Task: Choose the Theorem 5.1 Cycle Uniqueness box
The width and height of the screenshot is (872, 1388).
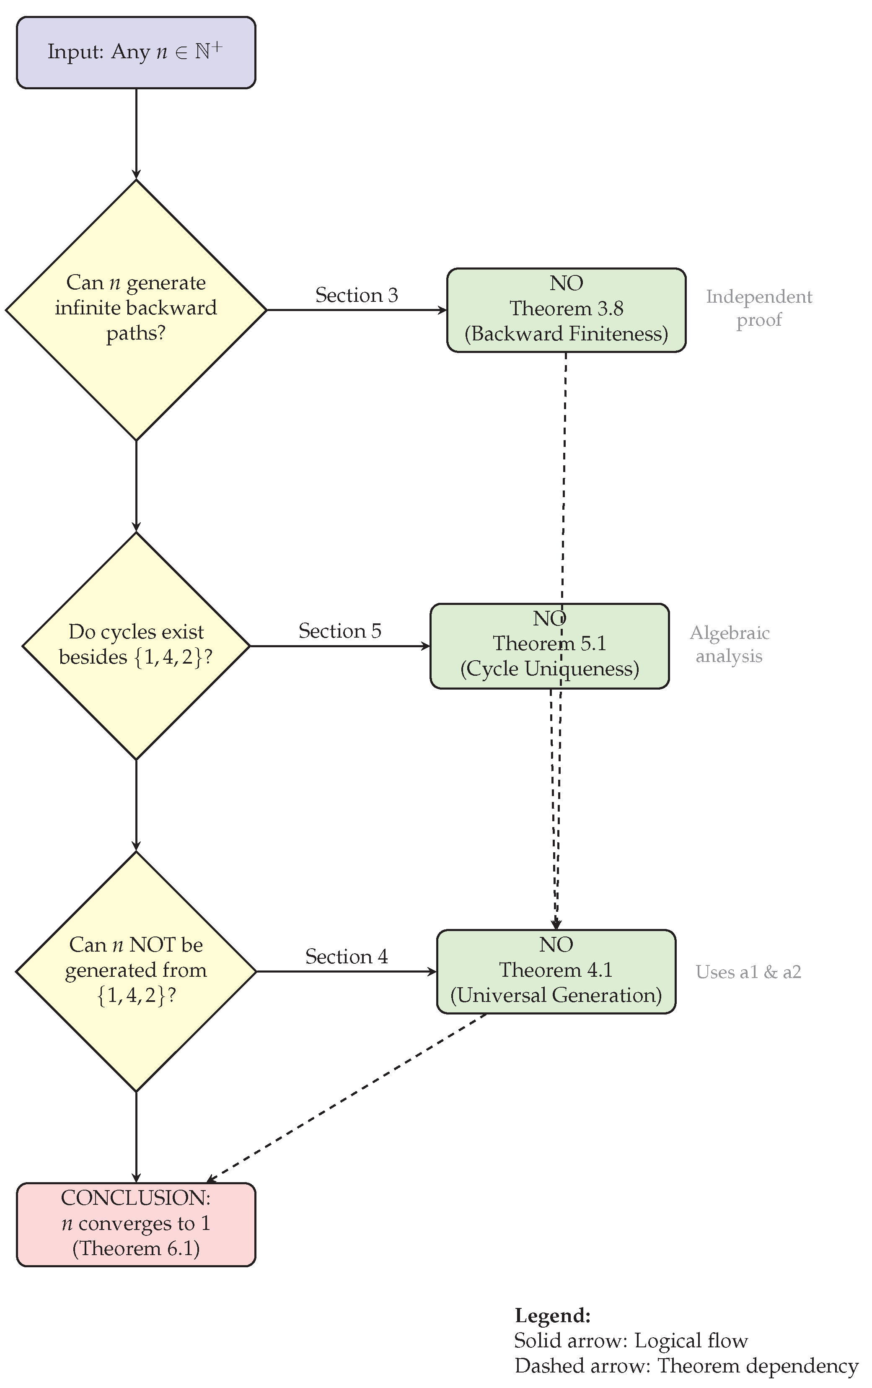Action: click(549, 645)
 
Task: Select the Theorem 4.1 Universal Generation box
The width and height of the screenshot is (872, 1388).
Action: click(556, 971)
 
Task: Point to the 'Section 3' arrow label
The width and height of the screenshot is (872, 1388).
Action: click(356, 295)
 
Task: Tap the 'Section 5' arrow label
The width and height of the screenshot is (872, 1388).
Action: click(339, 630)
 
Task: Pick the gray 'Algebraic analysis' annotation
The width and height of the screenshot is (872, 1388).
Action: click(729, 644)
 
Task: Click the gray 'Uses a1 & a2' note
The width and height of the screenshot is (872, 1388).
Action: click(748, 972)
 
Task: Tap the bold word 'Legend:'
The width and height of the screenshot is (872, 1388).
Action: click(552, 1316)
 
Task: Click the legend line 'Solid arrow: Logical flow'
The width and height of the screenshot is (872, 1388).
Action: click(631, 1341)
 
